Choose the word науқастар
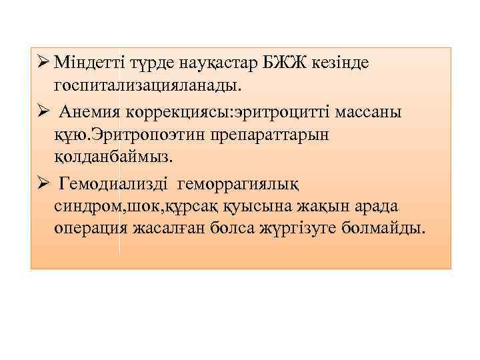[209, 63]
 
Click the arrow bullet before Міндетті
[41, 63]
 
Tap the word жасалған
[183, 229]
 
